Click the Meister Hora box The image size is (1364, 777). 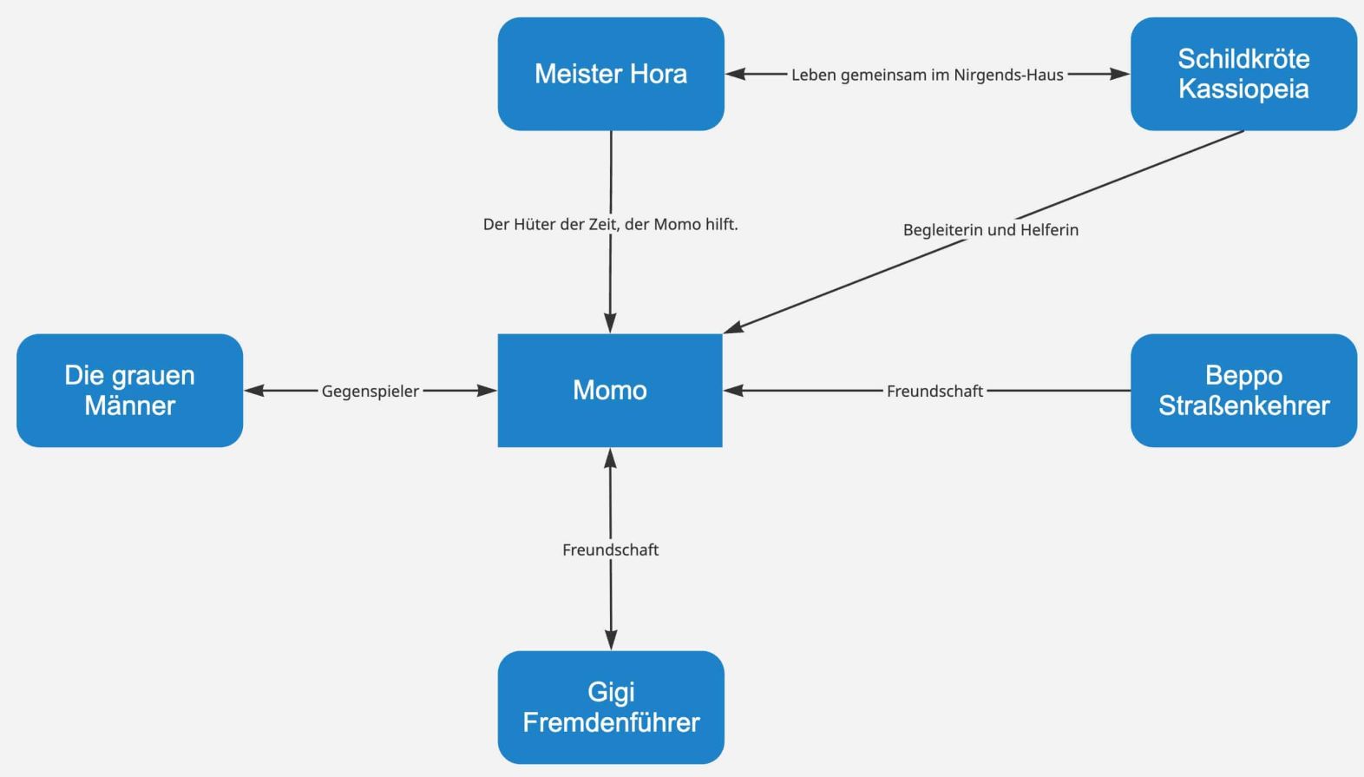tap(611, 74)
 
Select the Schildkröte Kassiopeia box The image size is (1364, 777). tap(1243, 74)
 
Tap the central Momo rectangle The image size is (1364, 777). tap(610, 391)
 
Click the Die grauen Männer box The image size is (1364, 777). tap(129, 391)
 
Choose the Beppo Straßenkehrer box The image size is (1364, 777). tap(1243, 391)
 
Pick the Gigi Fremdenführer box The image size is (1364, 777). tap(611, 708)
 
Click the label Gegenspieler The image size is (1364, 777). tap(371, 392)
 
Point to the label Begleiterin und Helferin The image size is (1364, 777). tap(990, 230)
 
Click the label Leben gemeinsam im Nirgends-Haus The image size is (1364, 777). tap(927, 75)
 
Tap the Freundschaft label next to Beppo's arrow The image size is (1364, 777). tap(934, 392)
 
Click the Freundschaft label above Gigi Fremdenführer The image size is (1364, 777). tap(611, 550)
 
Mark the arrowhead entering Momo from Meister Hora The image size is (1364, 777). tap(610, 323)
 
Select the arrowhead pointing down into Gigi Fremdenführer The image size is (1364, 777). tap(611, 640)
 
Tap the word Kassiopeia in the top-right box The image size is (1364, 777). tap(1243, 89)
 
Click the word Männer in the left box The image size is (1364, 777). tap(129, 405)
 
